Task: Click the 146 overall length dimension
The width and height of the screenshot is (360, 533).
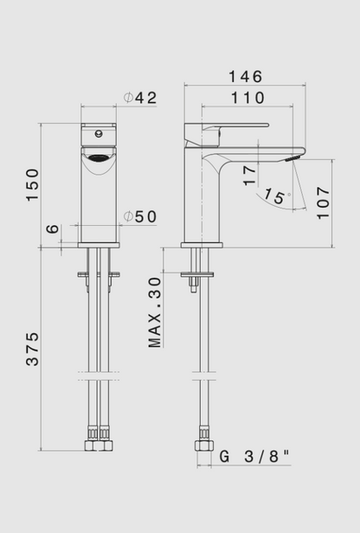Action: click(245, 77)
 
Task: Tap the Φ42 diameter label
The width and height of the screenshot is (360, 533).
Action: click(139, 99)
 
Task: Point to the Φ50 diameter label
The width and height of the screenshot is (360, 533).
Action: click(139, 216)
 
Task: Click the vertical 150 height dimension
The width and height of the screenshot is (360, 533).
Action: click(32, 185)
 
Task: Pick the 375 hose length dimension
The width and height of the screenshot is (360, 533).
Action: click(32, 348)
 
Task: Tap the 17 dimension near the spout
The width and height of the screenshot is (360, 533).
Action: click(250, 176)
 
